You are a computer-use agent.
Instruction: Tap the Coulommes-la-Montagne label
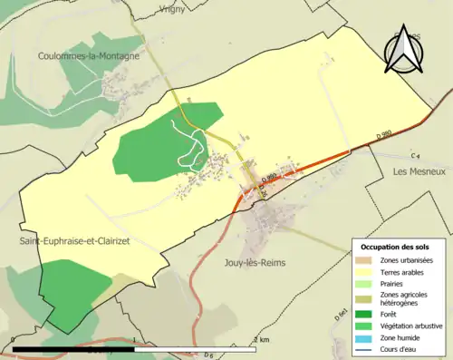pos(89,56)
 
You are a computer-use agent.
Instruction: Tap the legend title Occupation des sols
pos(396,247)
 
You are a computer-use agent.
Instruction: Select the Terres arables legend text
pos(406,272)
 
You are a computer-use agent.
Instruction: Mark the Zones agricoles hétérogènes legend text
pos(405,298)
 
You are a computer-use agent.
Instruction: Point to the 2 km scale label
pos(262,339)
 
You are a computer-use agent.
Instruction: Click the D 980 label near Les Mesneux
pos(385,135)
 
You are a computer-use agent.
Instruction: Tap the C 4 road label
pos(416,155)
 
